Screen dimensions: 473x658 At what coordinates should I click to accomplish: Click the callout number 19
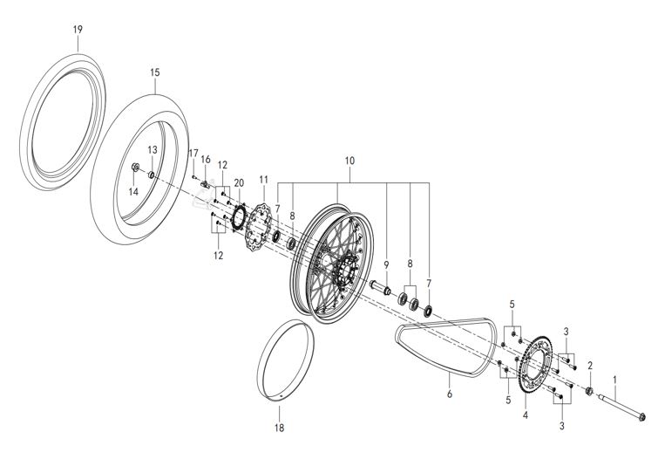click(x=78, y=30)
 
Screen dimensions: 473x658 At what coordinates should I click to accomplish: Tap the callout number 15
click(x=154, y=72)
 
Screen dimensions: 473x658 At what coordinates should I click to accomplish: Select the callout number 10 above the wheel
click(x=350, y=161)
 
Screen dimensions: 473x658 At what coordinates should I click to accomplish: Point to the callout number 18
click(x=279, y=428)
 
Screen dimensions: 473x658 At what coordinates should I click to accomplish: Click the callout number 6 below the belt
click(x=450, y=395)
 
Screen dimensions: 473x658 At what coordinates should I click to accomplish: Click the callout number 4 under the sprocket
click(x=525, y=416)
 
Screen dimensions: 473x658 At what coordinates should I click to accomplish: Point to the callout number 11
click(x=263, y=179)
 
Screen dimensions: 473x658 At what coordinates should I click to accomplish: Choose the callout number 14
click(x=135, y=191)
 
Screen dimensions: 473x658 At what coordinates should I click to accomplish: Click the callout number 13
click(x=152, y=150)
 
